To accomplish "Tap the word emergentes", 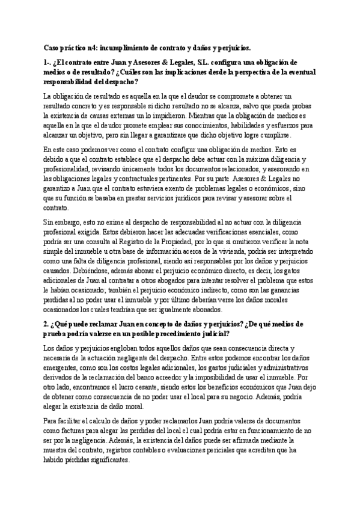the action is pos(66,367).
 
